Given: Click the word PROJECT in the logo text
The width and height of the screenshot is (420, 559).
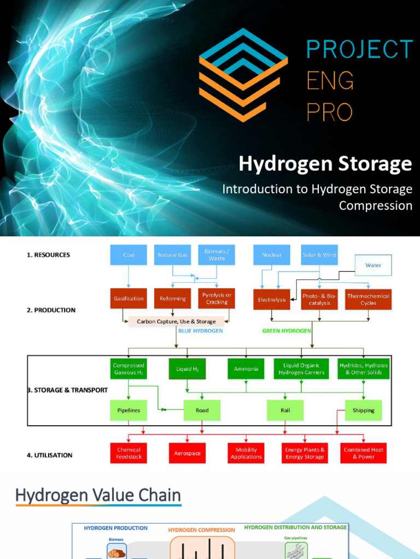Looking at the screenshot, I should [359, 50].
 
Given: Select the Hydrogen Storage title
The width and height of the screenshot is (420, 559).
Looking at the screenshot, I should [325, 164].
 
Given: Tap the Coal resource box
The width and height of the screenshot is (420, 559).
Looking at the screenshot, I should [129, 255].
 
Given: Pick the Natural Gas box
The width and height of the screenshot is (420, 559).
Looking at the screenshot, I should [172, 255].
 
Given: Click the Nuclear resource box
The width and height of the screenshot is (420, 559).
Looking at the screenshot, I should [272, 255].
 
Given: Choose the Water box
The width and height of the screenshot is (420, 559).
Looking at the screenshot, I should [374, 265].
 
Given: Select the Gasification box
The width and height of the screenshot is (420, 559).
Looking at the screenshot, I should [129, 299].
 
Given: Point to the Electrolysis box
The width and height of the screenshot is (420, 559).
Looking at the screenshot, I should [272, 299].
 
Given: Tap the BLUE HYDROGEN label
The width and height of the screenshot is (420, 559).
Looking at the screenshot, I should [201, 331].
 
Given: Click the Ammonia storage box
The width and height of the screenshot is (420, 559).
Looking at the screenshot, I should [246, 369].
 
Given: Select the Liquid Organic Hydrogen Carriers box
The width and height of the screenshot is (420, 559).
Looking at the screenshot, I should [302, 369].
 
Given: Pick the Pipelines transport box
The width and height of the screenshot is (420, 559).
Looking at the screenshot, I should [129, 410].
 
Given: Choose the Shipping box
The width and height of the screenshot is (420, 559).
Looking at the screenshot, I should [363, 410].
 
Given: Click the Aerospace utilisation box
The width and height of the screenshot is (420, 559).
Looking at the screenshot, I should [187, 453].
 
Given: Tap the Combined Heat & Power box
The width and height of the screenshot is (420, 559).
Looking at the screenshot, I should [364, 453].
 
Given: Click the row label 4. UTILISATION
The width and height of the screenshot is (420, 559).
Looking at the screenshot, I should [50, 455].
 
